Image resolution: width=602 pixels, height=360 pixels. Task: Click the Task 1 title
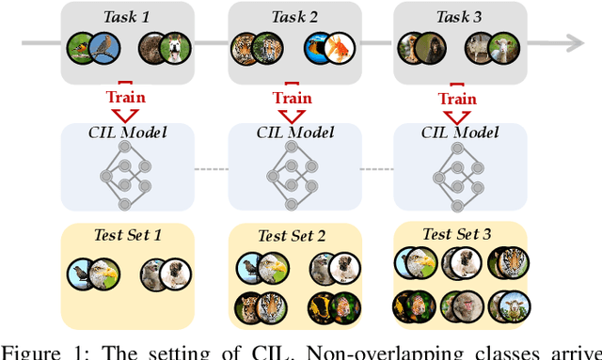[x=126, y=15]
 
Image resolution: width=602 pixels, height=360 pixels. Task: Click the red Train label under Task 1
[x=126, y=98]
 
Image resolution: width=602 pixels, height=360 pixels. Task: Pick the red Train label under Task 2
[x=292, y=98]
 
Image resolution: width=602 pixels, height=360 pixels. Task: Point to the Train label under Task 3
[x=457, y=98]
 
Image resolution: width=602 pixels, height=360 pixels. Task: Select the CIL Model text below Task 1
[x=127, y=133]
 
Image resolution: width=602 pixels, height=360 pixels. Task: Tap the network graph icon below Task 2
[x=293, y=180]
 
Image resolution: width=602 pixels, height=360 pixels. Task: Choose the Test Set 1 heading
[x=127, y=234]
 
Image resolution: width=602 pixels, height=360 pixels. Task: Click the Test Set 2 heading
[x=293, y=235]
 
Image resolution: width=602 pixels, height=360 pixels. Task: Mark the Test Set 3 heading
[x=457, y=233]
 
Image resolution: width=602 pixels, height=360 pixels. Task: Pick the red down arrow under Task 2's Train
[x=292, y=117]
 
